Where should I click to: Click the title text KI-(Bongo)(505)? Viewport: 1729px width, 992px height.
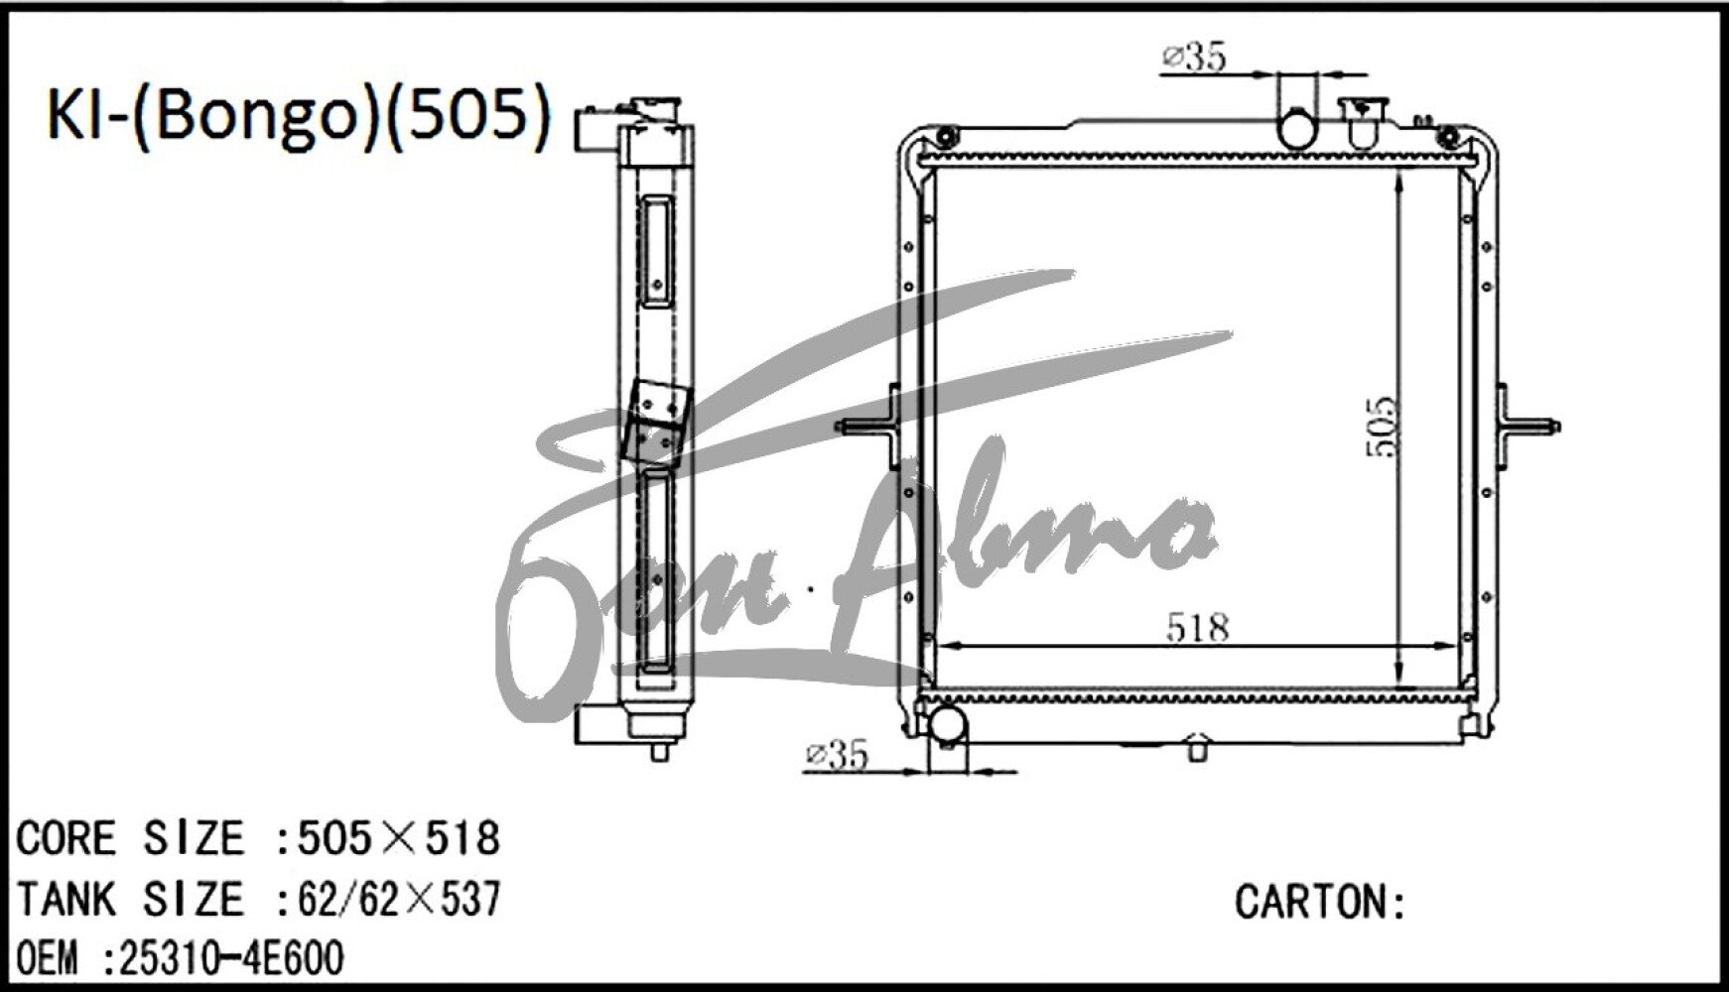point(298,117)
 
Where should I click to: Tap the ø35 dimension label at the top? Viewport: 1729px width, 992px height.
point(1194,58)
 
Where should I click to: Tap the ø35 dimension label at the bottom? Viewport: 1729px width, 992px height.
point(836,755)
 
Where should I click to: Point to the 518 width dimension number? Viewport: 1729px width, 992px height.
point(1197,627)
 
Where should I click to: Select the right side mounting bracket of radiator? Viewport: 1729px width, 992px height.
point(1527,427)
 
